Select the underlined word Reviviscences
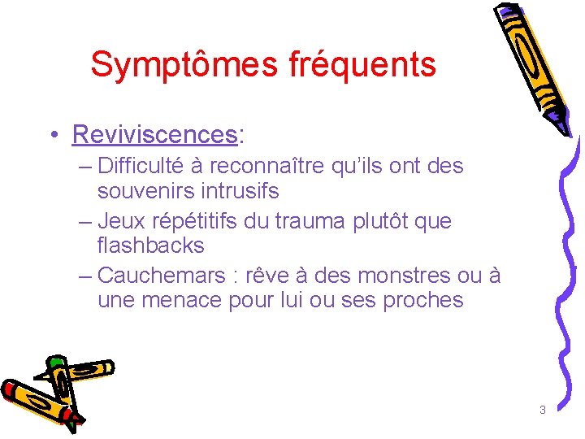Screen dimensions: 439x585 (x=154, y=133)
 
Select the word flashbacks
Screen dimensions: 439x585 (x=150, y=246)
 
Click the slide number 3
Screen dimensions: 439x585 (x=542, y=410)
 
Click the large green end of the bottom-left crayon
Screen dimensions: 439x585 (x=56, y=363)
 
